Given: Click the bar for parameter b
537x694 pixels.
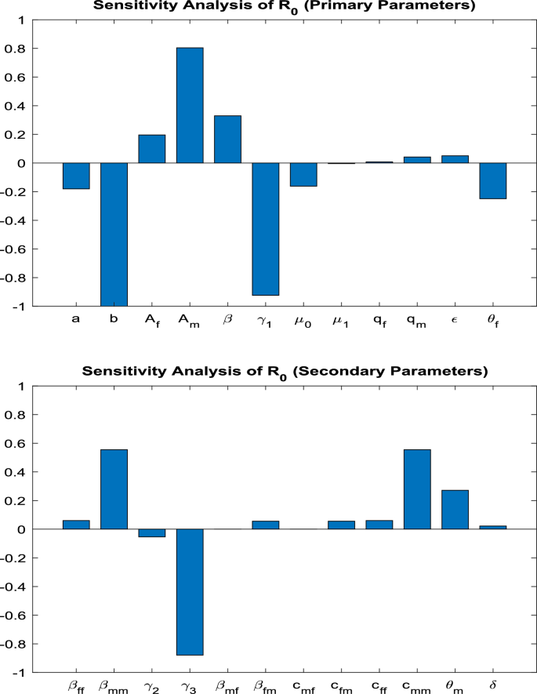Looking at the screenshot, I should click(x=114, y=234).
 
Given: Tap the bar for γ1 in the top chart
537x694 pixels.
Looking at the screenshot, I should click(x=266, y=229).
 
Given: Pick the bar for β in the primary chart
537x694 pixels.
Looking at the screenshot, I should click(x=227, y=140).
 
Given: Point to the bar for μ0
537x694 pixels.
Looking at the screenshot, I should click(x=303, y=174).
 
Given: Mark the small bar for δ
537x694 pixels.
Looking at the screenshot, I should click(x=493, y=527).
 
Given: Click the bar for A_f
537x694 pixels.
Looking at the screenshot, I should click(x=152, y=149).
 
